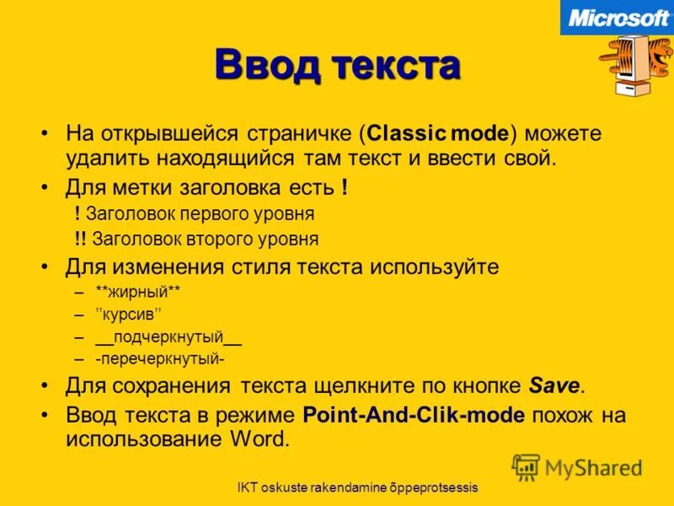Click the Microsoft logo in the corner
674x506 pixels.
click(618, 18)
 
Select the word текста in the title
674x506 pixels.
click(395, 66)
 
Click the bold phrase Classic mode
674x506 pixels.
click(438, 133)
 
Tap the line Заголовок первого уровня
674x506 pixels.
click(200, 214)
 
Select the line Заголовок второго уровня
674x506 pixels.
click(204, 239)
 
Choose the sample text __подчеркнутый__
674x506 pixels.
click(168, 337)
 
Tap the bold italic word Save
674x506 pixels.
click(554, 386)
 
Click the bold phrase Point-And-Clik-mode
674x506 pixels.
click(414, 415)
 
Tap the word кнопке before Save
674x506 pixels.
click(487, 386)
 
